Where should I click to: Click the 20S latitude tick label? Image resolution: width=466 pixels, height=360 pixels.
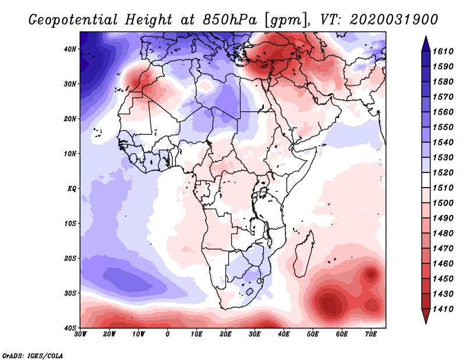pos(70,258)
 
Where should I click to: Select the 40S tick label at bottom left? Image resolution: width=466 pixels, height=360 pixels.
pos(70,327)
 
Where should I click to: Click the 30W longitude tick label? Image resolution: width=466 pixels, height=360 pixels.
pos(80,334)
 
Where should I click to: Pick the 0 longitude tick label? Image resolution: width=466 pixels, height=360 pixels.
pos(168,334)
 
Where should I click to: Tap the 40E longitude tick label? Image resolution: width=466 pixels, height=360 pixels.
pos(284,334)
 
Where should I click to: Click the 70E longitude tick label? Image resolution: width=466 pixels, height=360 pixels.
pos(371,334)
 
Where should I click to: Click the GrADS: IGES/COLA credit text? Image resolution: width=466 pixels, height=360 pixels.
pos(33,355)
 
